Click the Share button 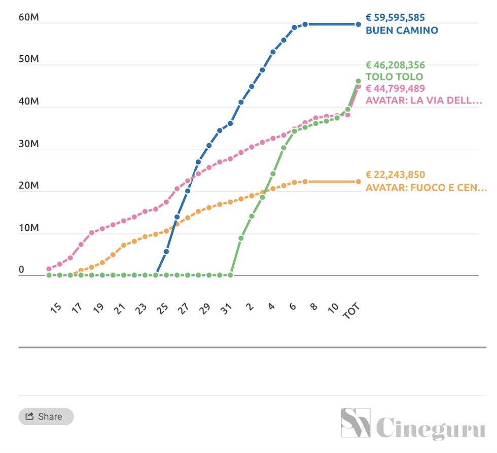click(46, 416)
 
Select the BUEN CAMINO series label click(402, 30)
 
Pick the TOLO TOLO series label click(394, 77)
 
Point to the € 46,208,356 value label click(395, 65)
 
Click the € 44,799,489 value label click(395, 88)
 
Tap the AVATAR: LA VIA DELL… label click(423, 100)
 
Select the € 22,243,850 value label click(395, 175)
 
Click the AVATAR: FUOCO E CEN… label click(426, 187)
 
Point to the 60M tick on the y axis click(28, 18)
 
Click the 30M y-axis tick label click(28, 144)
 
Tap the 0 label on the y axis click(21, 270)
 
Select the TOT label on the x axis click(351, 310)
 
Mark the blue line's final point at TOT click(358, 24)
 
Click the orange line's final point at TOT click(358, 182)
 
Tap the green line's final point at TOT click(358, 81)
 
